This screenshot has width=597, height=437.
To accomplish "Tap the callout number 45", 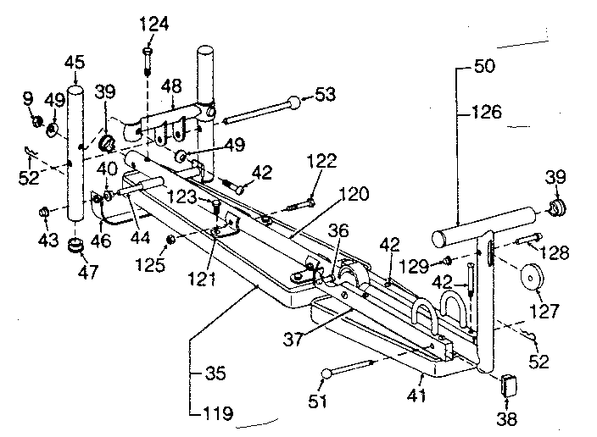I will pos(75,61).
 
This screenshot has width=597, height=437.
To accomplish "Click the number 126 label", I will pos(487,111).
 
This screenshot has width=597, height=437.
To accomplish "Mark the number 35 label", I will pos(216,371).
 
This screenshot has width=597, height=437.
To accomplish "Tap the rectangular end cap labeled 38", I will pos(511,384).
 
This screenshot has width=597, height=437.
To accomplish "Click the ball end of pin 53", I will pos(292,104).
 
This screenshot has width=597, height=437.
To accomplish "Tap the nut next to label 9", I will pos(36,123).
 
